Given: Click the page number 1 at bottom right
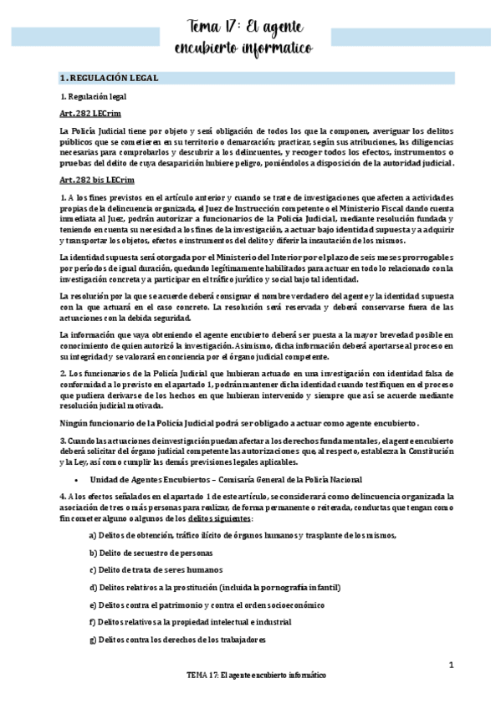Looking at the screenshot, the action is [450, 666].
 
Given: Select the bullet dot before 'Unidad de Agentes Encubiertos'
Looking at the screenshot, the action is [76, 479].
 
